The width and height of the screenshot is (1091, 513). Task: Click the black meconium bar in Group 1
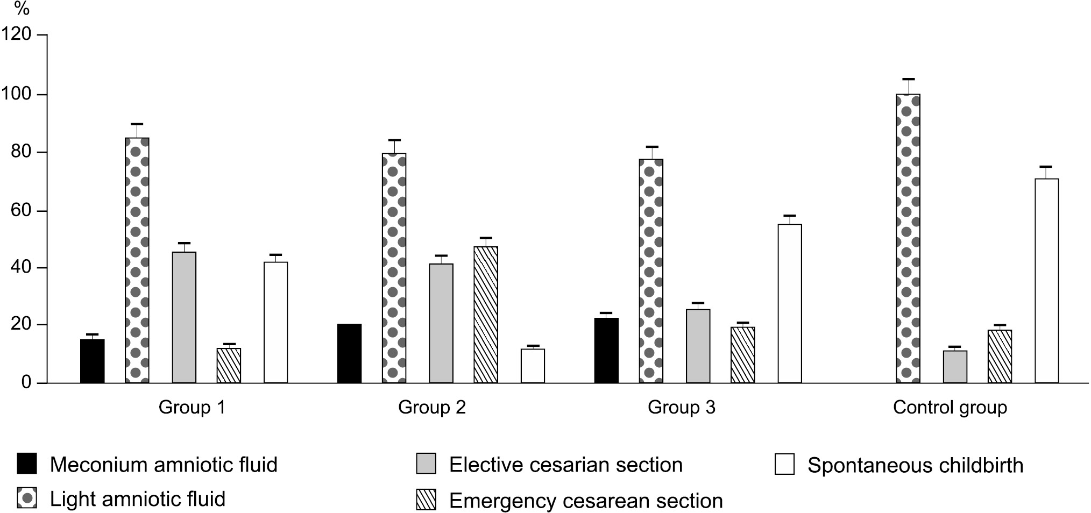[92, 361]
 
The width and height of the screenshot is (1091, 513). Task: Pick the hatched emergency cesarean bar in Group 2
[486, 315]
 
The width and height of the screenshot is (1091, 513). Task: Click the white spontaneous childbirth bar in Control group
[1046, 281]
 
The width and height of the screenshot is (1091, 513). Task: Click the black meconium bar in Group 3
[606, 350]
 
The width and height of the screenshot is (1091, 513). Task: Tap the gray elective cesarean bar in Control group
[955, 367]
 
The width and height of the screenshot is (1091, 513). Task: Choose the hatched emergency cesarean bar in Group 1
[229, 366]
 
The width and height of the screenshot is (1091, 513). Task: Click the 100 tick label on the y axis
[16, 94]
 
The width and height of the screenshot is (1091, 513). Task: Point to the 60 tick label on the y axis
[20, 210]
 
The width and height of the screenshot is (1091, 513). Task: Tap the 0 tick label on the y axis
[26, 383]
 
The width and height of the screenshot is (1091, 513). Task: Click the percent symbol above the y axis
[22, 9]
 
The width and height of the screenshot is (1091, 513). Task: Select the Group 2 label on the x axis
[431, 408]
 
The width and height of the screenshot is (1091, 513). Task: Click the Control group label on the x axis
[950, 408]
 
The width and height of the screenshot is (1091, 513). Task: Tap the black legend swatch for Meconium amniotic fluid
[27, 464]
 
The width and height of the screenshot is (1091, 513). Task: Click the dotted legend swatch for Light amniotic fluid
[27, 499]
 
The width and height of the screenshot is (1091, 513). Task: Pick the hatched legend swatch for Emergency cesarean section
[426, 500]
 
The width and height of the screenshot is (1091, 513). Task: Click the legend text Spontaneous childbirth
[915, 465]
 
